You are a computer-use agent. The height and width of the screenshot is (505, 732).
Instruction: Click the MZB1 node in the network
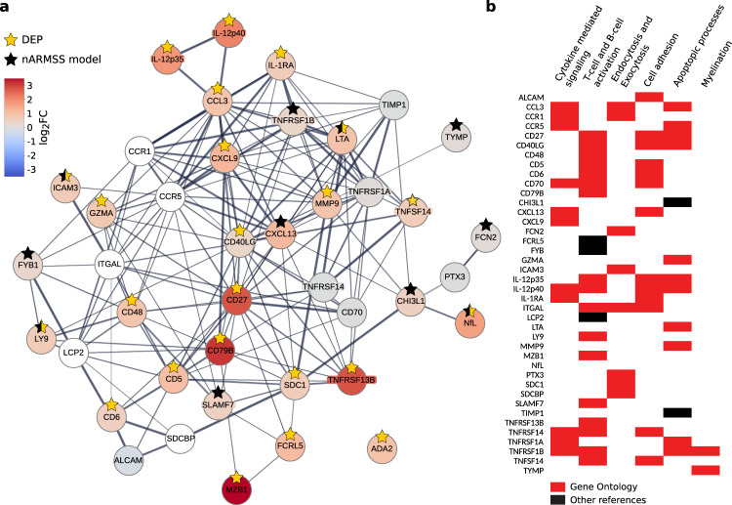click(x=236, y=484)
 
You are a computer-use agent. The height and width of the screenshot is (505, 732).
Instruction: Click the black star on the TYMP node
click(x=455, y=125)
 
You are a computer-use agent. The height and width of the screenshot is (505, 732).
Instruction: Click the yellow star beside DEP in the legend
click(x=13, y=39)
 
